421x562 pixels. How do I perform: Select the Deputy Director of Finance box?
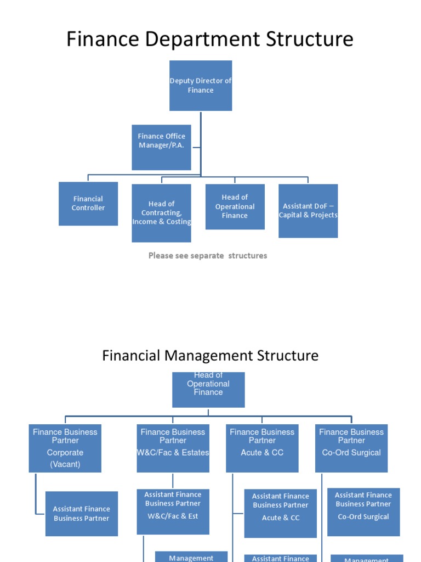[x=201, y=86]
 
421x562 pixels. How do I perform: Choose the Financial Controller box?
[x=88, y=204]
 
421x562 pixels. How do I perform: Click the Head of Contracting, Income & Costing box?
[x=161, y=213]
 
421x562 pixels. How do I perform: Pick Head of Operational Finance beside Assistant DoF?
[x=235, y=206]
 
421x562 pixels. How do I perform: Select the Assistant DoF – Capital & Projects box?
[x=308, y=211]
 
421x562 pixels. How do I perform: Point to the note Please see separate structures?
[x=208, y=256]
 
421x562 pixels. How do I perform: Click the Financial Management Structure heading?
[x=210, y=356]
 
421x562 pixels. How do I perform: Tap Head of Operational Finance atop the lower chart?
[x=208, y=389]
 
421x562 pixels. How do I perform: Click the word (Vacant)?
[x=65, y=464]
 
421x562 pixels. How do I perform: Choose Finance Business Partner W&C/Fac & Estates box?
[x=173, y=448]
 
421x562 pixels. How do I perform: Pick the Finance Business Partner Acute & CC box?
[x=262, y=448]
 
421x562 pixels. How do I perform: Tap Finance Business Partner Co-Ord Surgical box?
[x=351, y=448]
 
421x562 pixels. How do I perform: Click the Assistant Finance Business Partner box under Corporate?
[x=82, y=514]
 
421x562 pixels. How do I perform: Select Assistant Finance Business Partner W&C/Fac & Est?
[x=173, y=512]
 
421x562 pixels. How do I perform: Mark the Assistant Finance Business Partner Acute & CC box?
[x=281, y=513]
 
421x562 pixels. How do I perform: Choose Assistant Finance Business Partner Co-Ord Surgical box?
[x=363, y=512]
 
